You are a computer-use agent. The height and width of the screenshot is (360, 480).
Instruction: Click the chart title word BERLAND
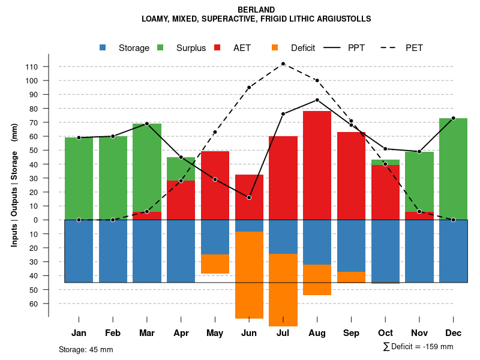(256, 10)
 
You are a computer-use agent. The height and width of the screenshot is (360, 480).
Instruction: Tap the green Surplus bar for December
(454, 169)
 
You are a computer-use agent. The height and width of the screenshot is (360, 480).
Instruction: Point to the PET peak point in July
(283, 64)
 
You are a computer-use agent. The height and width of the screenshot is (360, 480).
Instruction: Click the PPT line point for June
(249, 197)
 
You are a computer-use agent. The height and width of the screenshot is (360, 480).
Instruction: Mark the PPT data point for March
(147, 124)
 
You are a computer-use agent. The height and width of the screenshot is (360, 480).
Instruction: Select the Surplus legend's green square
(161, 48)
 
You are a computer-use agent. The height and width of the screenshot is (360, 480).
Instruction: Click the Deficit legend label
(303, 48)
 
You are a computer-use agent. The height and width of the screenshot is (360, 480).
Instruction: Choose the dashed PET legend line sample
(392, 48)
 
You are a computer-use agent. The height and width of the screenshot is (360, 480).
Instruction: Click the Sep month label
(351, 333)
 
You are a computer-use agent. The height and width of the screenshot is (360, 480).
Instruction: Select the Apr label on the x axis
(181, 333)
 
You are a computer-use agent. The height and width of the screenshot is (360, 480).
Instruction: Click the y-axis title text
(14, 185)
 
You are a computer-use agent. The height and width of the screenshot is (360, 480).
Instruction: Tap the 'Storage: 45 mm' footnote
(86, 349)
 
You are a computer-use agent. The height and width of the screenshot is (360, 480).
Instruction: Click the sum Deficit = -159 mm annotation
(418, 346)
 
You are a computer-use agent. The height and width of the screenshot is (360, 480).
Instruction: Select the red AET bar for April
(181, 200)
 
